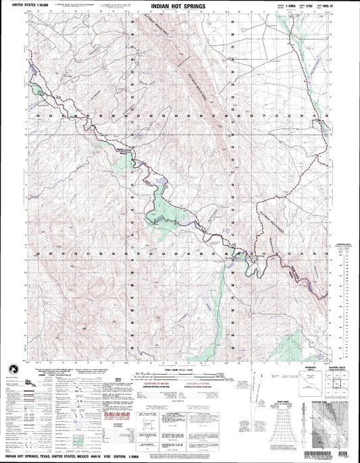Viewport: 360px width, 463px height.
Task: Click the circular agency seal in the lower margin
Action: coord(13,387)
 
